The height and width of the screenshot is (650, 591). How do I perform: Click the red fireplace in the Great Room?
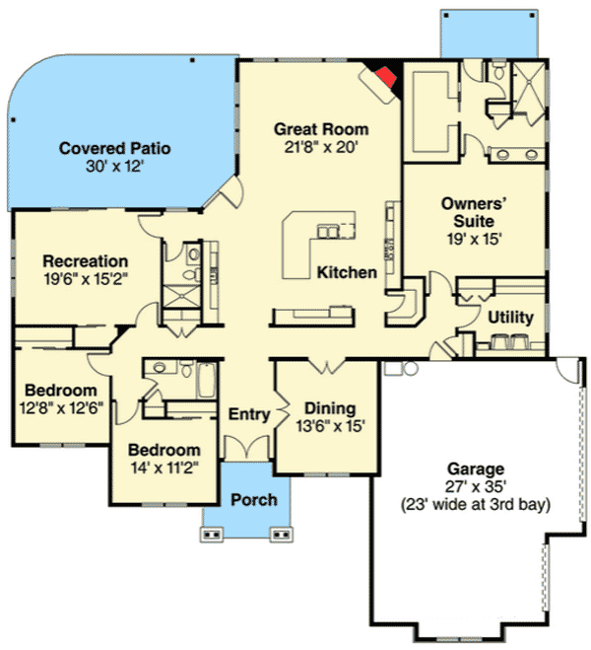[385, 75]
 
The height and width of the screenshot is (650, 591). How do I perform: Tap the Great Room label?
[321, 129]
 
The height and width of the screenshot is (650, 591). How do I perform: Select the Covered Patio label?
[115, 149]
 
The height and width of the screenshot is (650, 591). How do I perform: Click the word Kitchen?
[347, 272]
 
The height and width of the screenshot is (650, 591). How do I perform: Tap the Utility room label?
[511, 318]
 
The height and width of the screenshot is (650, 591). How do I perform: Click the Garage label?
[474, 469]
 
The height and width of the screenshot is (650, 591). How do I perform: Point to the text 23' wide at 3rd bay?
[475, 504]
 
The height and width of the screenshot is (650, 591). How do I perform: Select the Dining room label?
[329, 408]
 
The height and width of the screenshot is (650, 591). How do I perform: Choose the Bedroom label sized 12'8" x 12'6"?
[61, 389]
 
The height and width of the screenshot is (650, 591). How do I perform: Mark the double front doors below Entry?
[246, 447]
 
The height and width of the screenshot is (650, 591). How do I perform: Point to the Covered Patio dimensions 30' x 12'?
[115, 167]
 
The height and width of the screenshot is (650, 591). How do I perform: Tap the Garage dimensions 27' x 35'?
[475, 486]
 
